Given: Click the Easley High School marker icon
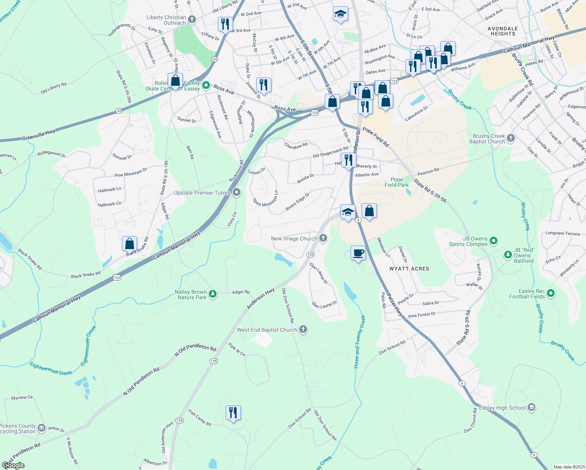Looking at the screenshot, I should tap(531, 408).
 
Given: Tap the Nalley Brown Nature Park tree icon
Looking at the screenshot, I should tap(213, 294).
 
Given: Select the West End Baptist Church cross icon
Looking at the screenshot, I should tap(303, 329).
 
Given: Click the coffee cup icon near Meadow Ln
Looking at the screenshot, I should tap(358, 253).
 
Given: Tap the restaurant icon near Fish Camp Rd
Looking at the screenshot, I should tap(233, 413).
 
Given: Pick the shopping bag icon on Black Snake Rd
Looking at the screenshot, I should tap(129, 244).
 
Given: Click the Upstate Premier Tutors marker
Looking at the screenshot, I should tap(237, 192).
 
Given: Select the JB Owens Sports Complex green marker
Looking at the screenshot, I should tap(494, 240).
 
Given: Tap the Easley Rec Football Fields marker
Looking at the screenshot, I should tap(551, 293).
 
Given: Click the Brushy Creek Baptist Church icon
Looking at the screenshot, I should tap(510, 138).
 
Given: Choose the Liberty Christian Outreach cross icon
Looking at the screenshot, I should tap(192, 19).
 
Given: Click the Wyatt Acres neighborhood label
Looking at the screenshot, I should tap(409, 269).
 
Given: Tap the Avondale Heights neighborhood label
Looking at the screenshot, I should tap(503, 31).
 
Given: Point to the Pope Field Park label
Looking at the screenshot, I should tap(396, 183).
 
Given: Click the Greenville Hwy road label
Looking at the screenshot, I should tap(38, 136).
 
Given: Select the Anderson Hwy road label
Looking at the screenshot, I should tap(260, 299).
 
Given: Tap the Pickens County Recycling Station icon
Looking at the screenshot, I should tap(42, 428).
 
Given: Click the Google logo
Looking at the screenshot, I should tap(13, 465).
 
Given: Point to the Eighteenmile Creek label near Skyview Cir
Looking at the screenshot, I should tap(51, 369).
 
